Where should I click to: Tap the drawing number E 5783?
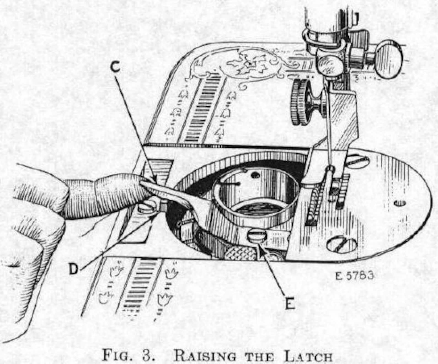[x=355, y=275]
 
